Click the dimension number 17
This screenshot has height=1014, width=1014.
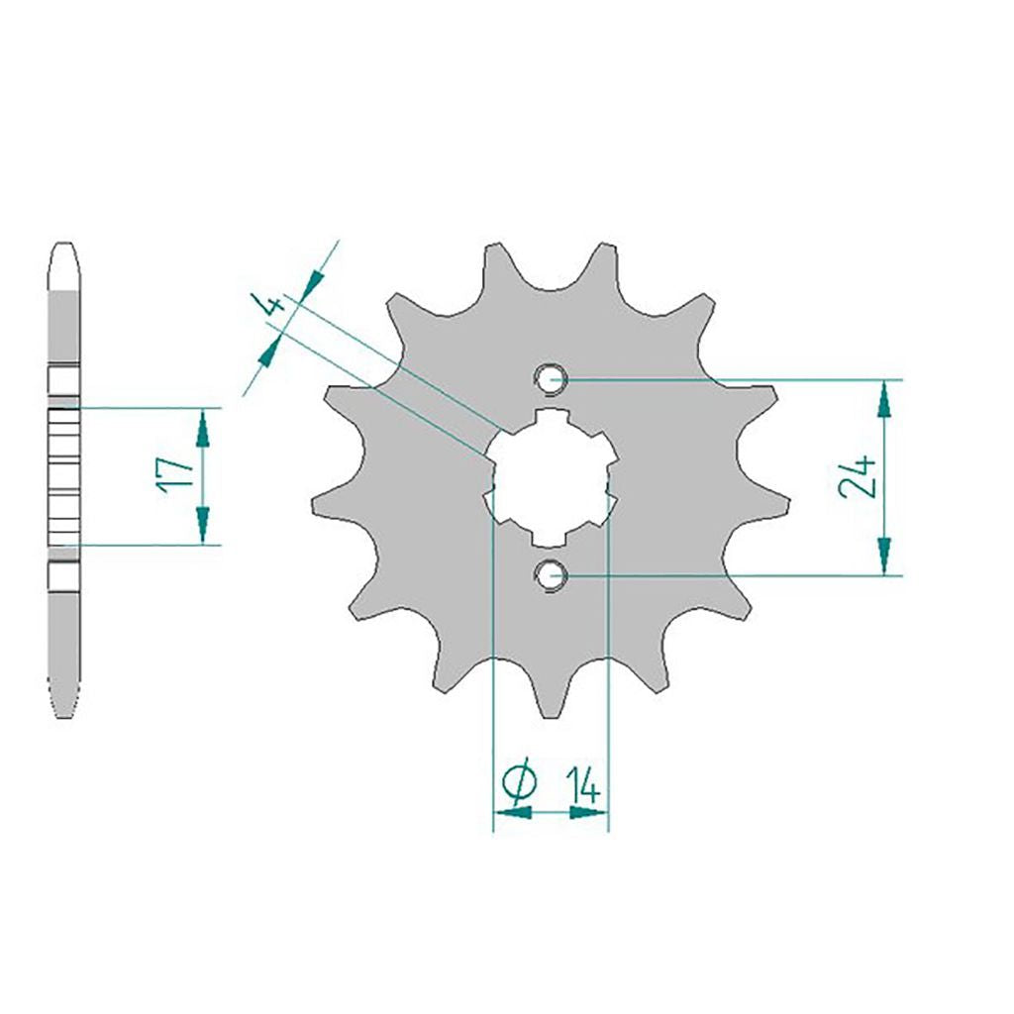[173, 475]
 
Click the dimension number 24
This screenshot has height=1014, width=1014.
[858, 476]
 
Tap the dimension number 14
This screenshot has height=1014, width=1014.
[583, 784]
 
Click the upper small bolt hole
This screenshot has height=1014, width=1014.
[551, 379]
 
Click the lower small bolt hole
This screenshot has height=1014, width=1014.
[551, 575]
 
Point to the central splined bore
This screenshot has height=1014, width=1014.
[551, 477]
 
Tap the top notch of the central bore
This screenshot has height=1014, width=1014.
[551, 417]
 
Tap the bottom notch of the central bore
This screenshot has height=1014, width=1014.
[549, 538]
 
